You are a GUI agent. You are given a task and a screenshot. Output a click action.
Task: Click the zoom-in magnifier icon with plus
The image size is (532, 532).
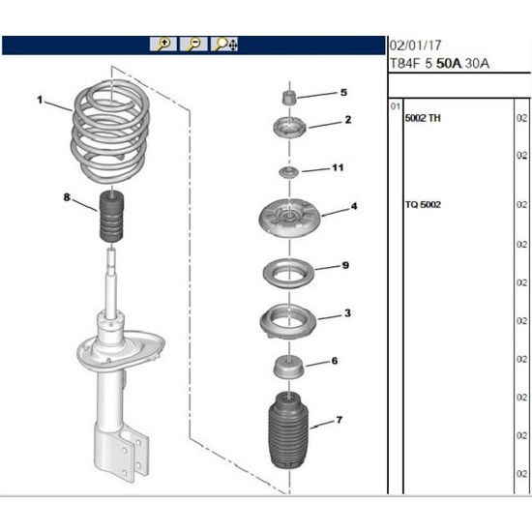point(163,44)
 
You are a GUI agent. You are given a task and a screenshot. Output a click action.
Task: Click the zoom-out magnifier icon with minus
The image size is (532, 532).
point(194,44)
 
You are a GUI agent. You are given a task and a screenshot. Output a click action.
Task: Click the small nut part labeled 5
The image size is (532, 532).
point(286,99)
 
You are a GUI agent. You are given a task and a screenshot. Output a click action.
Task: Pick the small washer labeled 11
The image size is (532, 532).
point(286,172)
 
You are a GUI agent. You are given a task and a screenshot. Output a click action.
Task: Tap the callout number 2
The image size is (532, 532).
point(347,121)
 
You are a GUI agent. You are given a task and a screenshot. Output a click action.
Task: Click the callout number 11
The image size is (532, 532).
point(338,168)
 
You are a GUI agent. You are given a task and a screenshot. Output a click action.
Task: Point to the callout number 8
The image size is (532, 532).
point(66,197)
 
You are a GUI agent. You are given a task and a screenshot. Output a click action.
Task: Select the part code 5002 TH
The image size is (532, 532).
point(423,117)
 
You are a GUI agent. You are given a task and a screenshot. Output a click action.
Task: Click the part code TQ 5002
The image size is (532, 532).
point(423,204)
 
